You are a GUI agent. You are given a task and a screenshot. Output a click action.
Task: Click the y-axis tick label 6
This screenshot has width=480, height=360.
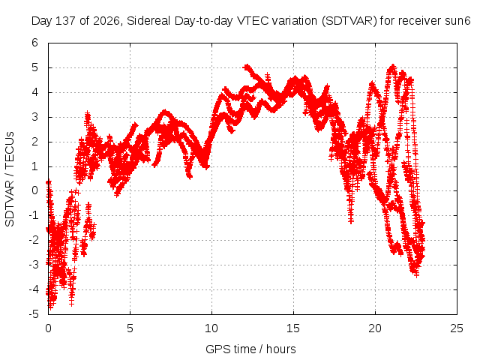[35, 43]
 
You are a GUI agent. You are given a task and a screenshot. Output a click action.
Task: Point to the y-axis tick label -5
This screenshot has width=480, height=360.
[33, 314]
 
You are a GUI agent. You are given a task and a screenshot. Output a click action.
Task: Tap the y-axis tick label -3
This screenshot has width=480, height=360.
[33, 265]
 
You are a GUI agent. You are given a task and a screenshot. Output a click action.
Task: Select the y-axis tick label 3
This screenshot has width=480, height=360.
[35, 117]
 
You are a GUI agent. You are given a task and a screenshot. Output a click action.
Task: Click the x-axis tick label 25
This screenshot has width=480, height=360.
[457, 328]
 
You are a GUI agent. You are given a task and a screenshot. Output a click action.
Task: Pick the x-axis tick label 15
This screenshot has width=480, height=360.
[293, 328]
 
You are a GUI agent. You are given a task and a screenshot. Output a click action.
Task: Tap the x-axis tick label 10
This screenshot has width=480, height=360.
[211, 328]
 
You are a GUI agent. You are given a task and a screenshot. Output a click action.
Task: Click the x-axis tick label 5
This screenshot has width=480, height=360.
[130, 328]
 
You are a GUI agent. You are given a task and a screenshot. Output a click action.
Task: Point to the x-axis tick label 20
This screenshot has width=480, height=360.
[375, 328]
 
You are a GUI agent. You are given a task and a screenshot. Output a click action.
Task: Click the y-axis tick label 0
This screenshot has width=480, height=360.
[35, 190]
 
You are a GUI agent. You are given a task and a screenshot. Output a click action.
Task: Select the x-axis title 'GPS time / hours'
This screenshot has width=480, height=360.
[250, 349]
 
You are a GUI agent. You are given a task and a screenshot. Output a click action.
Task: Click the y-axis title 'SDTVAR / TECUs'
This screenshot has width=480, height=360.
[10, 179]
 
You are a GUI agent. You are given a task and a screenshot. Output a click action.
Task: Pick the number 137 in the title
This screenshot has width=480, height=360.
[66, 21]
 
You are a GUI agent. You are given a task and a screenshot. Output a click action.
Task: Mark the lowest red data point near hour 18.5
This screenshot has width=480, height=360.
[351, 220]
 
